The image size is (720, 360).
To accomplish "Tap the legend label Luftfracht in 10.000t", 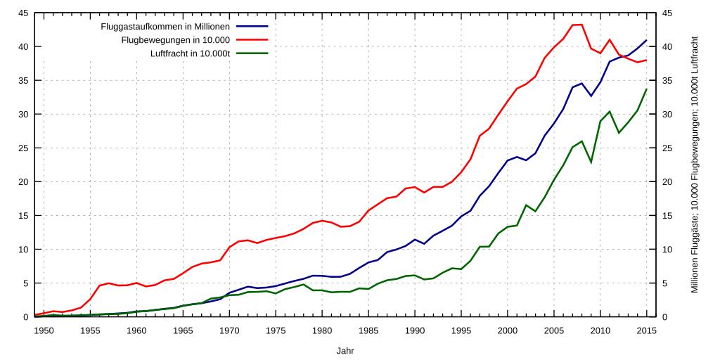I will point(190,53).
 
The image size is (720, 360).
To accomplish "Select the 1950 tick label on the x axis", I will point(44,330).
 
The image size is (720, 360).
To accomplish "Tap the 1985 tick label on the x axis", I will point(368,330).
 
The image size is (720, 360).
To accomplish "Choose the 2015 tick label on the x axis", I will point(646,330).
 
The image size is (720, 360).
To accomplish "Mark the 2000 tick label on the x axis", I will point(508,330).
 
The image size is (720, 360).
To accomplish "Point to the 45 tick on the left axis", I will point(23,13).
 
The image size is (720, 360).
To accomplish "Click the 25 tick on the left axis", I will point(23,148).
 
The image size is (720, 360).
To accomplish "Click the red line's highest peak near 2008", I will point(581,25).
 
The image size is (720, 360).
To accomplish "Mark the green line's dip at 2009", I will point(591,162).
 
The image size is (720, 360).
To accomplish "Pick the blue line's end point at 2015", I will point(646,40).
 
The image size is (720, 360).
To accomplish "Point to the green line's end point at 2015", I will point(646,89).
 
